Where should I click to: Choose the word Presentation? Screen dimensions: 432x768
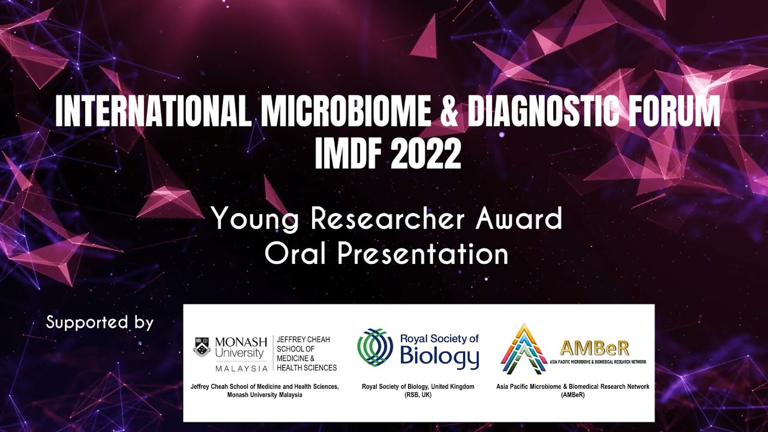pos(422,254)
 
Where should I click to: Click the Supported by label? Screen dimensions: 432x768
pos(100,323)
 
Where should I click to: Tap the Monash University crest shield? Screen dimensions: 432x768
pos(202,347)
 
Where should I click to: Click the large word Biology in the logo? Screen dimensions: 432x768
pos(439,358)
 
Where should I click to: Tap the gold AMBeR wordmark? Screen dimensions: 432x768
pos(594,347)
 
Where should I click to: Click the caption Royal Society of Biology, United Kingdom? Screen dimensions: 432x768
pos(418,387)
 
